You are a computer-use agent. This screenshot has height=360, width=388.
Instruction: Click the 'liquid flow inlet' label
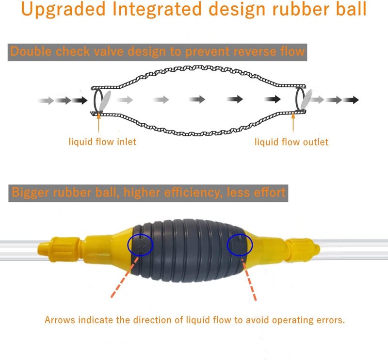coord(102,142)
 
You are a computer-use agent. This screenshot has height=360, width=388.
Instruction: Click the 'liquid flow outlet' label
coord(291,142)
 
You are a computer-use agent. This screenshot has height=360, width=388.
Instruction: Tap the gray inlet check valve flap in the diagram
coord(105,100)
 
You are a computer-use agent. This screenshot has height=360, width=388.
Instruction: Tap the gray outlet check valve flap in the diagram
coord(307,99)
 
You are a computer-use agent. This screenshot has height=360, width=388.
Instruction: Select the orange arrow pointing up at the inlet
coord(99,122)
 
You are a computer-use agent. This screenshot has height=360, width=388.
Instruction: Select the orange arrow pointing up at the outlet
coord(293,122)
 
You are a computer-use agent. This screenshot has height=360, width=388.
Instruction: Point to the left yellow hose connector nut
coord(60,249)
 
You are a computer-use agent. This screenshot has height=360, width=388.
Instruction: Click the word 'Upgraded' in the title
coord(64,9)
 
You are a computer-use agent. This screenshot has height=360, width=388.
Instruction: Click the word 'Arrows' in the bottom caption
coord(60,320)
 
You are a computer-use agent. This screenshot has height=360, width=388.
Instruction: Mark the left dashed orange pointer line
coord(125,277)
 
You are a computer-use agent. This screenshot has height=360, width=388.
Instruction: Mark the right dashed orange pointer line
coord(249,280)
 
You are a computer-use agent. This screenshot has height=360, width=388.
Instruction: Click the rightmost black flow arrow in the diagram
coord(351,100)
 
